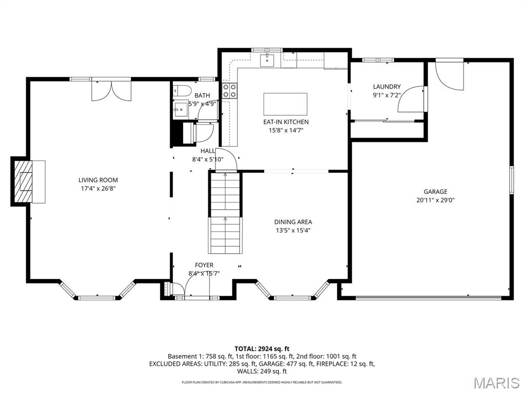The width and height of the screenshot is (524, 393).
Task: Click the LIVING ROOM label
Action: pos(98,180)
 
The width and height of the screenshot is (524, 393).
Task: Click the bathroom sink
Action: pos(180,109)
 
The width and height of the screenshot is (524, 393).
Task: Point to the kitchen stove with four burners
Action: pos(230,91)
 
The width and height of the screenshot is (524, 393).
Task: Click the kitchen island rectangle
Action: pos(285,104)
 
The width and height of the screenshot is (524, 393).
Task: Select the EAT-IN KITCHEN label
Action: pos(286,122)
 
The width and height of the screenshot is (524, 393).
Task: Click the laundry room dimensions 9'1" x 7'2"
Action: pos(386,95)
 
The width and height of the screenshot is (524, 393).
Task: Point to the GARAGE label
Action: pos(435,192)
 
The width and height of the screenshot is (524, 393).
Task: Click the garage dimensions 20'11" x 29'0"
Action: pos(435,200)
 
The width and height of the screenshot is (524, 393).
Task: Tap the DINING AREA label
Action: pos(293,222)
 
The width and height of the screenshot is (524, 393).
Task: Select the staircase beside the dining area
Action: pos(225,212)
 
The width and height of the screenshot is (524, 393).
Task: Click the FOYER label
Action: pos(204,265)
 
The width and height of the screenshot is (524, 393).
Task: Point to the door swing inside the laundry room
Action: pos(412,99)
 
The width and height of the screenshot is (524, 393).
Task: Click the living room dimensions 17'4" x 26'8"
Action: pos(98,188)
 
